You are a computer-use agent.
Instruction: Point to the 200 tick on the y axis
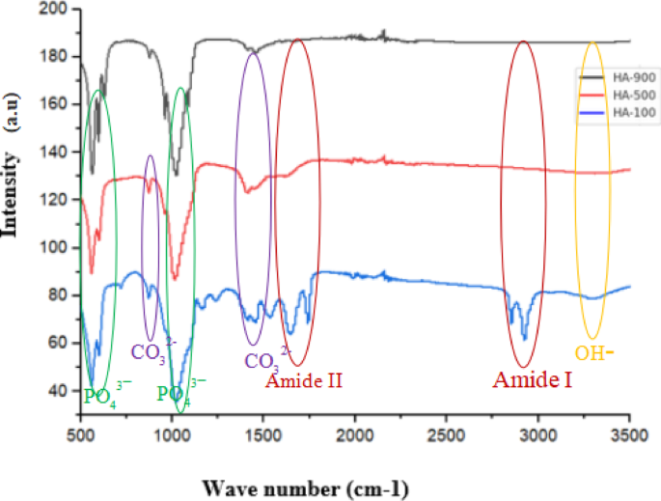pos(61,10)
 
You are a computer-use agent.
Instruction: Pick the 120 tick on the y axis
pos(61,200)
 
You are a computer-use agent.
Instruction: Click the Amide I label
pos(533,380)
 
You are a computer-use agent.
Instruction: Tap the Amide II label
pos(305,380)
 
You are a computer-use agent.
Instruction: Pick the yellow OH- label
pos(595,353)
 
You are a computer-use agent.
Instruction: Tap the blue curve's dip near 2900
pos(524,337)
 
